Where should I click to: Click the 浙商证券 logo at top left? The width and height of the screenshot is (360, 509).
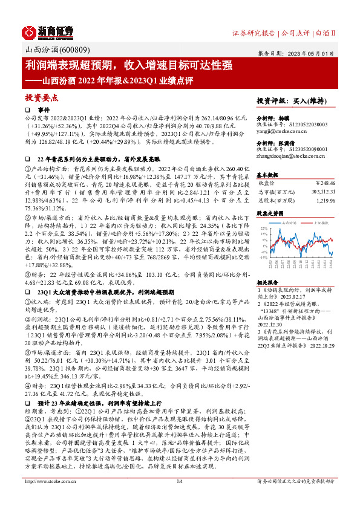click(48, 32)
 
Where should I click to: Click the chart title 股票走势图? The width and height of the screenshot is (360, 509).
click(270, 213)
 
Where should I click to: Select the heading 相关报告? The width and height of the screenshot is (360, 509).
click(267, 282)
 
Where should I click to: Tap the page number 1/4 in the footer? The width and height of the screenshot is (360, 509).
click(179, 498)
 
